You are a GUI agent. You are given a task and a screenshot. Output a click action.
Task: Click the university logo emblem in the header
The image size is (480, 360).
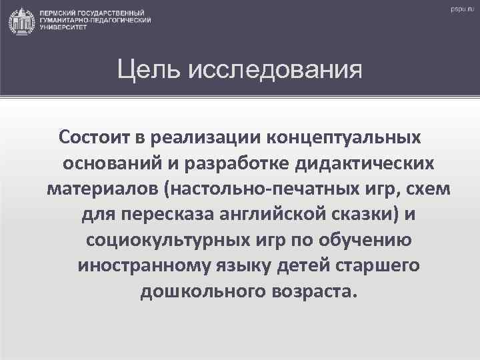(21, 21)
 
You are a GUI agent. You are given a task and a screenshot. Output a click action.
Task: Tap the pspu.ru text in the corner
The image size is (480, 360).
(460, 9)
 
